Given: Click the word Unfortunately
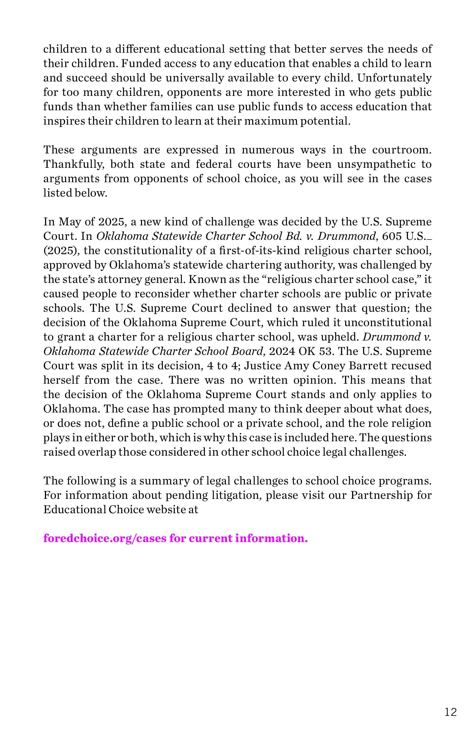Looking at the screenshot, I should (x=394, y=78).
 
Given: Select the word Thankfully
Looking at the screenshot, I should (x=73, y=164).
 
